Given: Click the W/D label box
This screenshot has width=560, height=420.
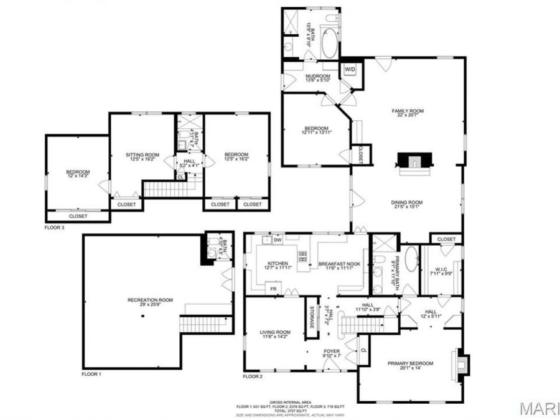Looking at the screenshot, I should (x=350, y=69).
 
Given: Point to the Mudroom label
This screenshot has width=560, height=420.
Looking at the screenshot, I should (x=309, y=77).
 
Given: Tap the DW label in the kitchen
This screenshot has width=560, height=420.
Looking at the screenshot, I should (x=278, y=240).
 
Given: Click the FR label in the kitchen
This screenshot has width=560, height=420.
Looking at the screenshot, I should (x=273, y=289).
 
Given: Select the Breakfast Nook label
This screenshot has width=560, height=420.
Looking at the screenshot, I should (x=336, y=265).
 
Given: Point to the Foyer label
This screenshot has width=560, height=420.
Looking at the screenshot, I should (x=332, y=353).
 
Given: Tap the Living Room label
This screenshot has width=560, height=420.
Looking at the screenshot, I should (x=275, y=334).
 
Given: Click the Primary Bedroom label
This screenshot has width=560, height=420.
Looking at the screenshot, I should (x=410, y=365).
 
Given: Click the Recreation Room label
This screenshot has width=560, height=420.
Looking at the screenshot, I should (x=150, y=302).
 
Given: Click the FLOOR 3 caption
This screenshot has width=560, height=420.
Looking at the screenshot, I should (x=55, y=228).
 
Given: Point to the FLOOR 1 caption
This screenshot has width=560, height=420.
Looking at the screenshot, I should (x=91, y=375).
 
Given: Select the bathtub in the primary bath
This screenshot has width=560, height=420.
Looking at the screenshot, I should (x=412, y=261).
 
